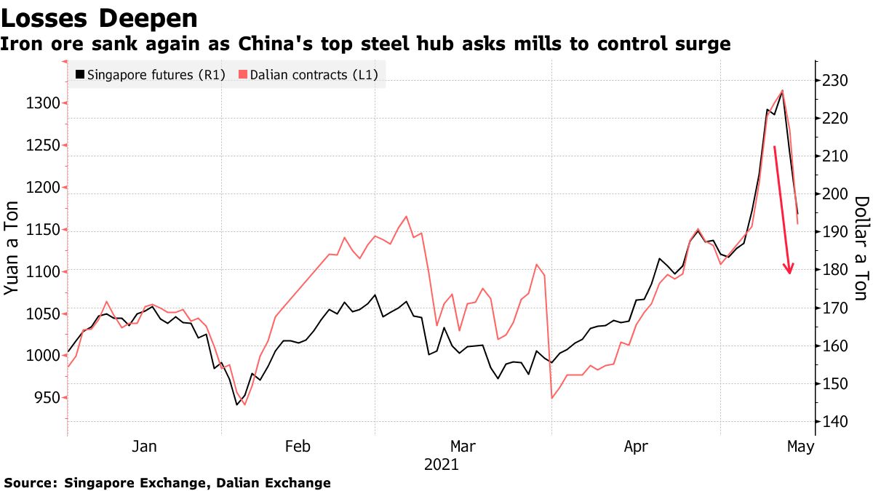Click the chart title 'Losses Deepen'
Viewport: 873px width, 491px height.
[x=100, y=17]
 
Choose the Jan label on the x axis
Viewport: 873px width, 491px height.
[x=143, y=446]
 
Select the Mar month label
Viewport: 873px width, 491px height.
[x=463, y=446]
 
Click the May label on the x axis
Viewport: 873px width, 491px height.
[x=800, y=446]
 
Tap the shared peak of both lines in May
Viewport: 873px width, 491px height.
[x=782, y=91]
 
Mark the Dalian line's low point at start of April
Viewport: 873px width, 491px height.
[x=552, y=398]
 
